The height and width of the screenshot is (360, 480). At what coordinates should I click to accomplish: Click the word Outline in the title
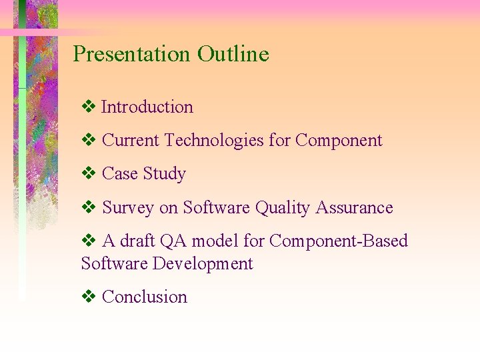(x=233, y=54)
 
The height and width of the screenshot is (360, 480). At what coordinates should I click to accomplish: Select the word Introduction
(x=147, y=107)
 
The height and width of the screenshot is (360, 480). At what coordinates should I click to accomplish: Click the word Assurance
(x=354, y=208)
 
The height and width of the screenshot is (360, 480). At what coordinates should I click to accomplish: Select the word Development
(x=203, y=264)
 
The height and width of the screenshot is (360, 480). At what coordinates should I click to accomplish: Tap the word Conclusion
(x=145, y=297)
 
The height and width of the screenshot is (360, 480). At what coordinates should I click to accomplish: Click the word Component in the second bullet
(x=339, y=141)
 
